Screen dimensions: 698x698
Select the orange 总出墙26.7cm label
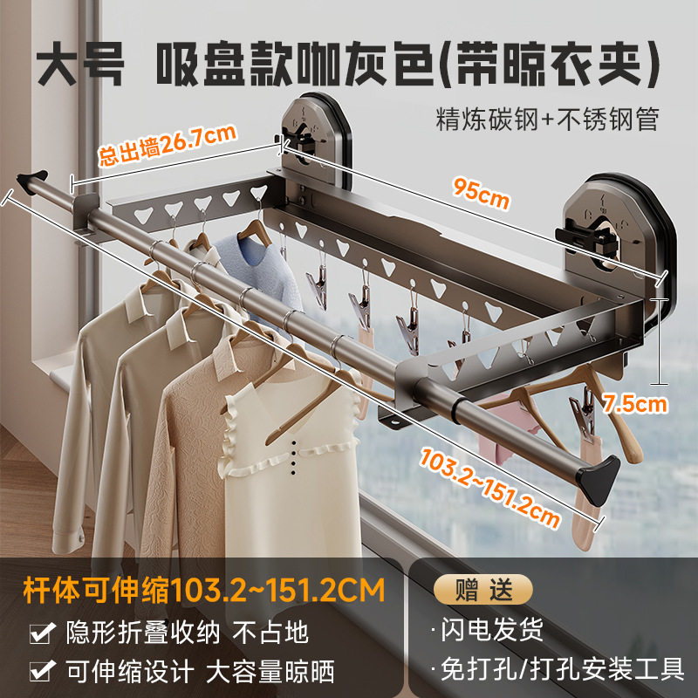pos(168,146)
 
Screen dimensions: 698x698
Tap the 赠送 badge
pos(478,591)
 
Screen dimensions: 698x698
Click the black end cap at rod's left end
pos(31,180)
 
